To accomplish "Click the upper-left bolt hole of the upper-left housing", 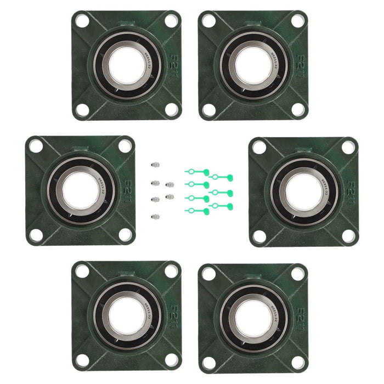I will click(82, 21).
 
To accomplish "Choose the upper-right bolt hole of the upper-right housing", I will click(297, 21).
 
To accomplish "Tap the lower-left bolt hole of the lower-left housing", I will click(82, 360).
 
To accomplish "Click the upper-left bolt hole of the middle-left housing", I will click(36, 146).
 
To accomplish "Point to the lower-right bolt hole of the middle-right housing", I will click(348, 236).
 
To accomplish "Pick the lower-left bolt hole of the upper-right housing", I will click(209, 109).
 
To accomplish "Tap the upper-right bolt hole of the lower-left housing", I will click(171, 270).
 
